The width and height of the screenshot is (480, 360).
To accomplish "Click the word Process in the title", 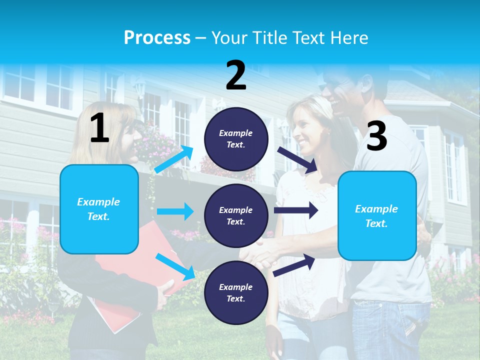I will pos(157,38).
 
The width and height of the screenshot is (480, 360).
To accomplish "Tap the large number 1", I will pos(99,128).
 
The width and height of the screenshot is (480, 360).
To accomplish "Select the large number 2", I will pos(236,75).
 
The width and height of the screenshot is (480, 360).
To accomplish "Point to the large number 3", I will pos(376,136).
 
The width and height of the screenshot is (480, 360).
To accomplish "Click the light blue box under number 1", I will pos(99,209).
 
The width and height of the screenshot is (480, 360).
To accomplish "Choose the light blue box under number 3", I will pos(377,215).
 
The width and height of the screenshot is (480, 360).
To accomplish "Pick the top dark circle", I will pos(236,138).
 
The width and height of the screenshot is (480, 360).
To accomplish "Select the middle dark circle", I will pos(236,215).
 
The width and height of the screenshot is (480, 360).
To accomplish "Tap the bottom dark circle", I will pos(236,292).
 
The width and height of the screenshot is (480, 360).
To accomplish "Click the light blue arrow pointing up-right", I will pos(174,159).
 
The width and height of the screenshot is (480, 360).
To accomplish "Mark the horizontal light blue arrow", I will pos(175,211).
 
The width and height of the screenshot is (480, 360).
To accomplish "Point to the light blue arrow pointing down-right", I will pos(175,266).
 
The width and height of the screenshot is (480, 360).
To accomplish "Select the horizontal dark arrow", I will pos(295,210).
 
